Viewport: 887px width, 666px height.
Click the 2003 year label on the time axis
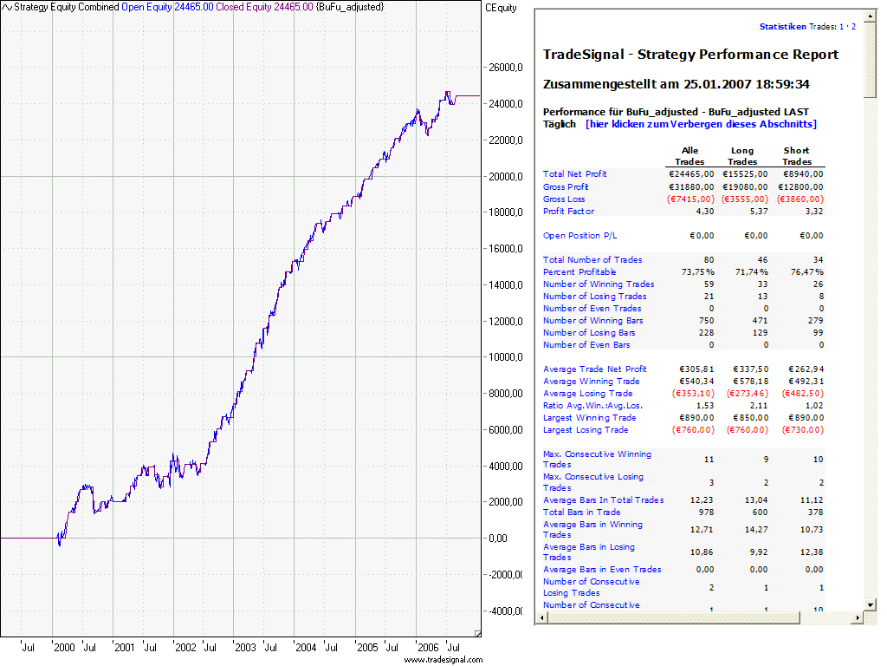click(x=245, y=647)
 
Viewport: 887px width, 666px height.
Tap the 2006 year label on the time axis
click(x=427, y=647)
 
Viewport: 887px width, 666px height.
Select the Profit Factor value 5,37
click(x=756, y=212)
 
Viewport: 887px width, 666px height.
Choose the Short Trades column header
click(x=797, y=156)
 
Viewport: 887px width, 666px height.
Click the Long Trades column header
click(x=742, y=156)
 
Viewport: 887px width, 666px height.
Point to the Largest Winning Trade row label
click(x=585, y=418)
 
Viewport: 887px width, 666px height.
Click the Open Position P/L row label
click(x=580, y=236)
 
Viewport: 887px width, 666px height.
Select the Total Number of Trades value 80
click(x=709, y=260)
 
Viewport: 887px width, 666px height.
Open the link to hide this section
click(x=701, y=124)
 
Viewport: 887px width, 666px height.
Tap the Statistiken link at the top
click(x=782, y=27)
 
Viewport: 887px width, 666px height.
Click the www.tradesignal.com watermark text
click(x=443, y=659)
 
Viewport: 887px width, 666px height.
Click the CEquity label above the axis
click(x=502, y=8)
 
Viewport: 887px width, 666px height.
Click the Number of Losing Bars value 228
click(x=706, y=333)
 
